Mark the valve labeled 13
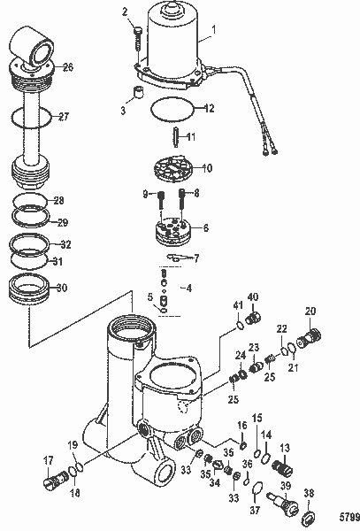[x=281, y=466]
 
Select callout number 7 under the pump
[x=195, y=258]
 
